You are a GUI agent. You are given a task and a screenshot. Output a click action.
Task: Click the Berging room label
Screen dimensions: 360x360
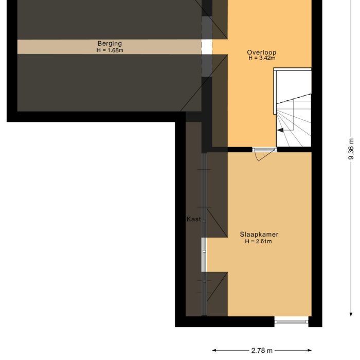tap(110, 44)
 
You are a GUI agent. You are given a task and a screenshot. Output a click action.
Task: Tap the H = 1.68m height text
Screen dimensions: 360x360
tap(110, 50)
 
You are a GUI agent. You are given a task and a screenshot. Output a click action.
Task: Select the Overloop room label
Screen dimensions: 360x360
tap(262, 52)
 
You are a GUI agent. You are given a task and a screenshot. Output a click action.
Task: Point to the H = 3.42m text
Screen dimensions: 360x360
tap(262, 58)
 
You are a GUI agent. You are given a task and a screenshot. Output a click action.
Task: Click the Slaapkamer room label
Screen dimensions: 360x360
tap(259, 235)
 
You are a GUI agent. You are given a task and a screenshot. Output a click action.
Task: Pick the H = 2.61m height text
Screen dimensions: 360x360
tap(259, 241)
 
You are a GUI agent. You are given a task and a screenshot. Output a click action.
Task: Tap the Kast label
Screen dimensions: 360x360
tap(193, 219)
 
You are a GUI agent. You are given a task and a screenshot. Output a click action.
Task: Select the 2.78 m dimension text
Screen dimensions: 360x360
tap(262, 351)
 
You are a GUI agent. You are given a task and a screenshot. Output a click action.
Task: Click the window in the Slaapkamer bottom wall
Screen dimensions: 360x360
tap(292, 321)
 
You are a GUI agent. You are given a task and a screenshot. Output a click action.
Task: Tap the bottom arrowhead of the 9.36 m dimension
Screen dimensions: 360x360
tap(351, 313)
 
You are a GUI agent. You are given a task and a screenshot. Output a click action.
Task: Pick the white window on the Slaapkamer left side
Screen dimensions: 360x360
tap(204, 255)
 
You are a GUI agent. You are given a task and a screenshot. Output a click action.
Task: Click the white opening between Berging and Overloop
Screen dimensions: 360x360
tap(206, 47)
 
